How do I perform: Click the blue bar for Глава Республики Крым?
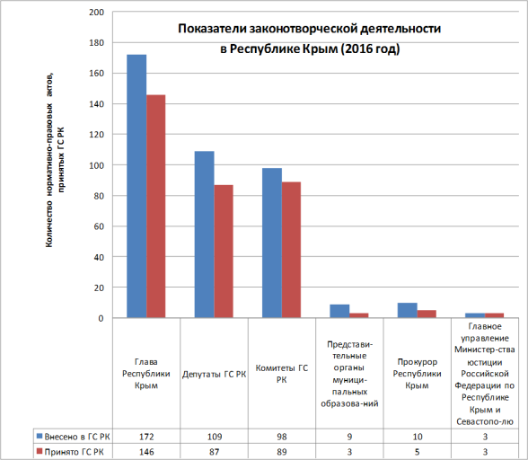136,186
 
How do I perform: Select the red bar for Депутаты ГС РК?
224,252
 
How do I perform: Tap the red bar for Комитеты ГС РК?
291,250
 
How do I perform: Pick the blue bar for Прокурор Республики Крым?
408,310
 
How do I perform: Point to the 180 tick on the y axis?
97,43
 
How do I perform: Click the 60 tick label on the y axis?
99,226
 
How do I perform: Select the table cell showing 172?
146,437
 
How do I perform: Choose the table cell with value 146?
146,452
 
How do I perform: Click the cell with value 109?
215,437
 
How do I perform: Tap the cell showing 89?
282,452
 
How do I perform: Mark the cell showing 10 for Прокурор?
418,437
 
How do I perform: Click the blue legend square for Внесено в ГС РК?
40,436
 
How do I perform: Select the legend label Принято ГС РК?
74,452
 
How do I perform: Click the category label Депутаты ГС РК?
214,375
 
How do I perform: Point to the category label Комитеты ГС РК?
282,374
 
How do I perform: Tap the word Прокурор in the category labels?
418,362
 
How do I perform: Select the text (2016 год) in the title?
370,49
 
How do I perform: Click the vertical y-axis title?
55,160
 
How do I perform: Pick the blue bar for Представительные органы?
339,311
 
